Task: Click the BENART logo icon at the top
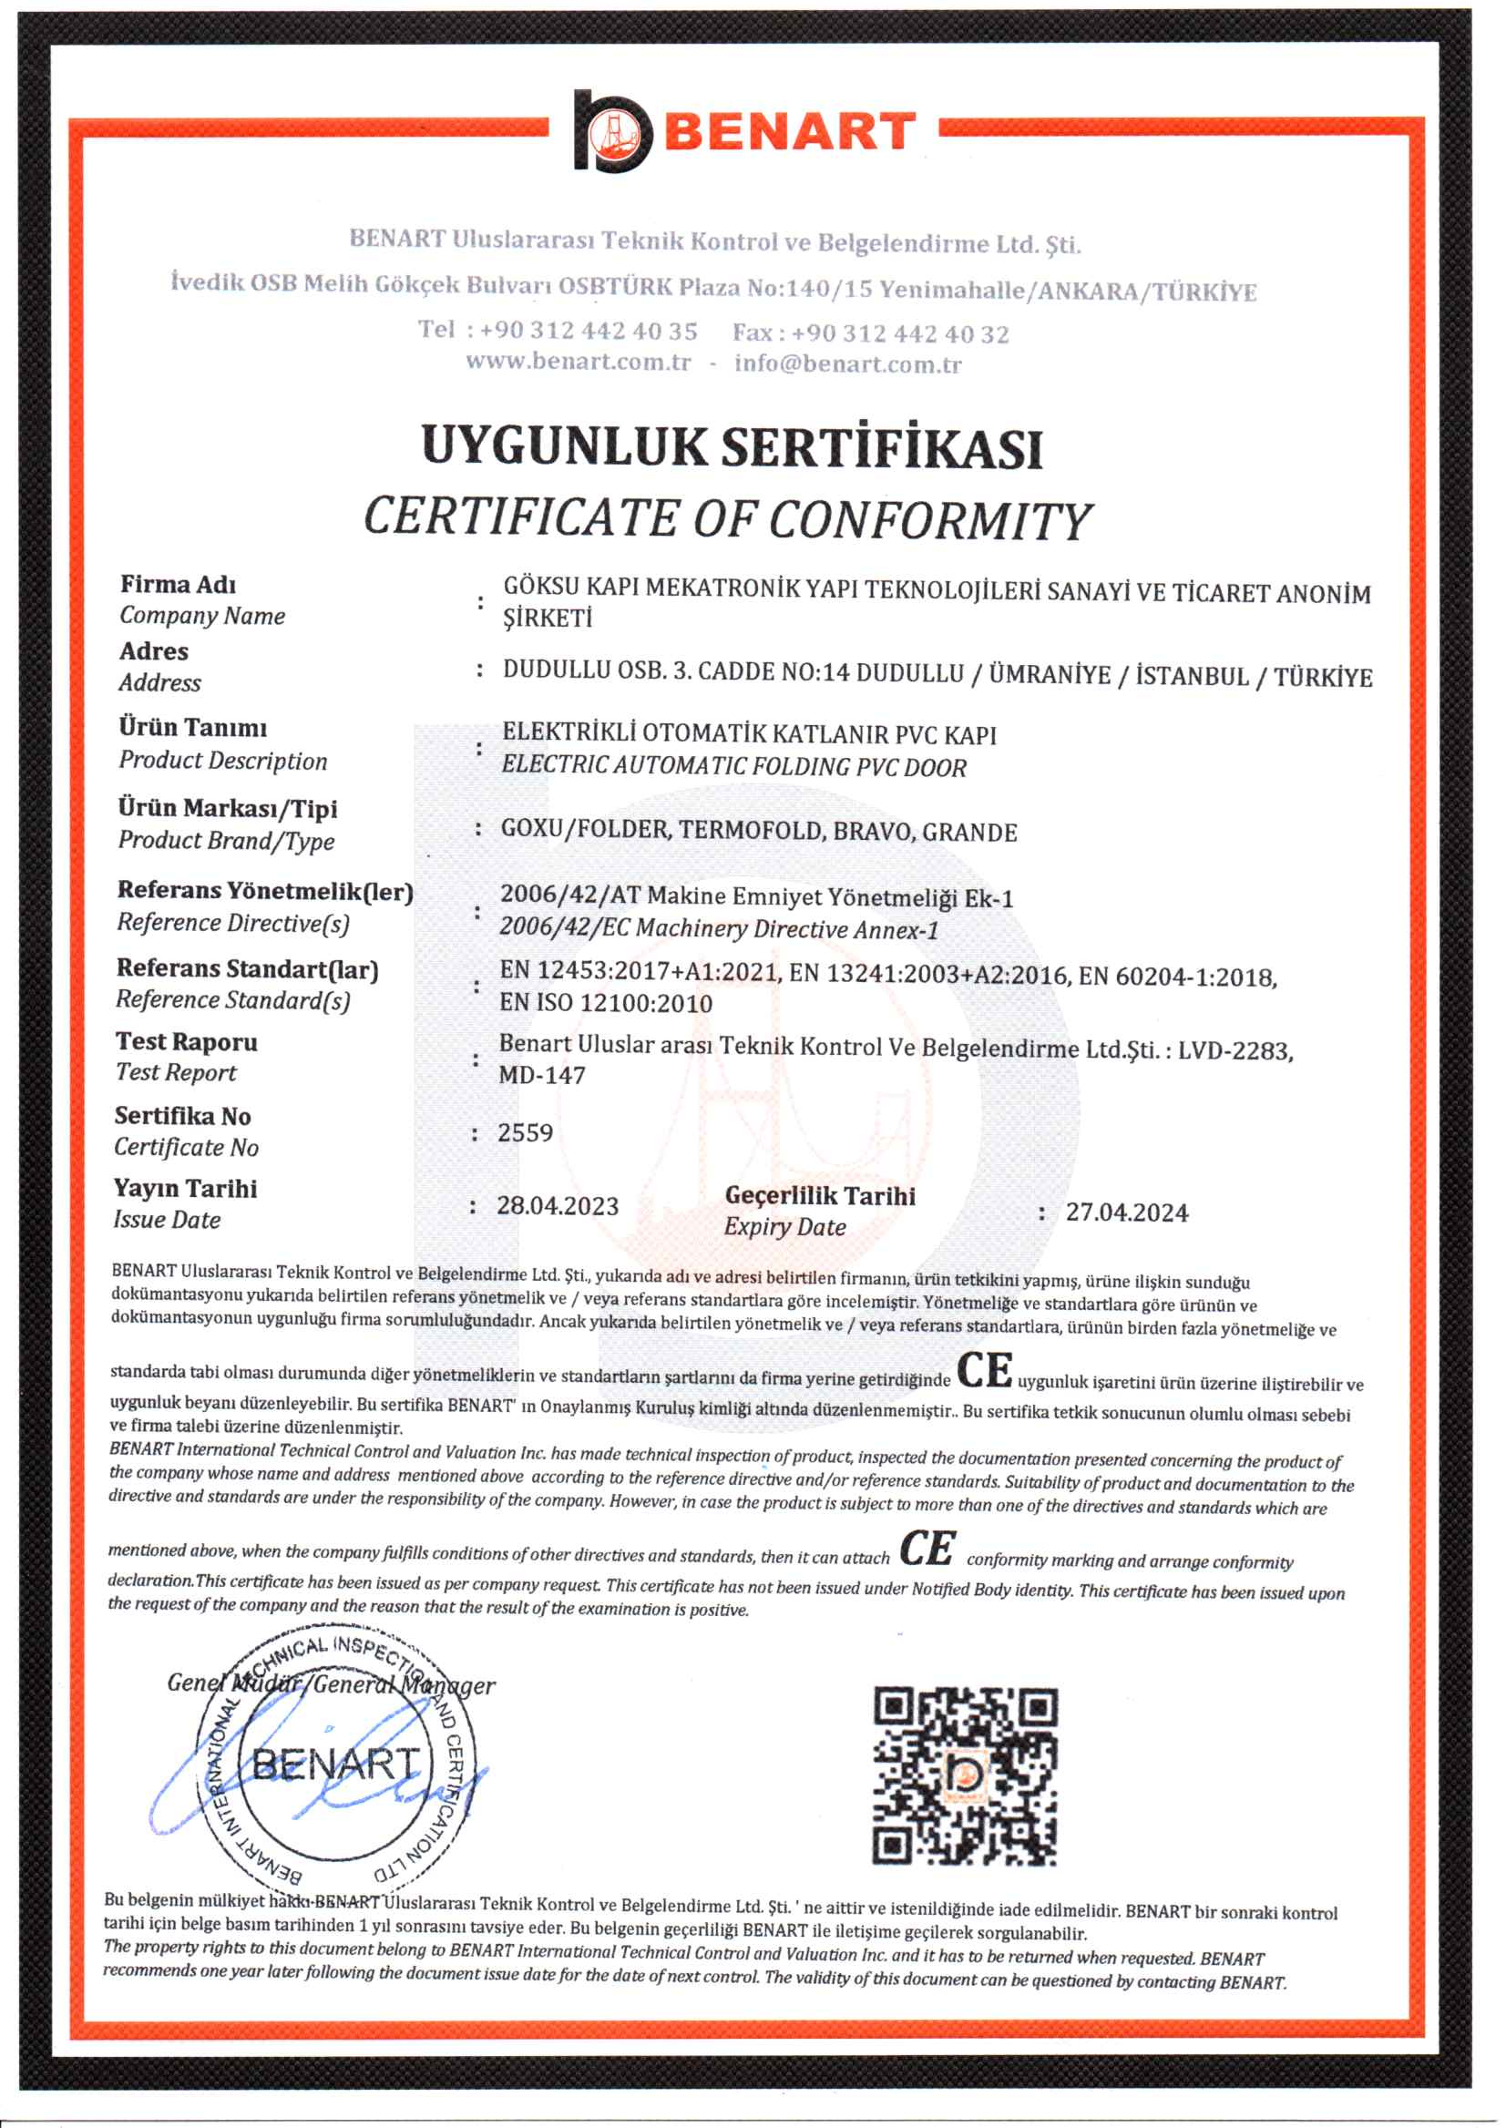611,132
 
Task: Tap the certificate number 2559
525,1132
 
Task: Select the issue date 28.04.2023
558,1205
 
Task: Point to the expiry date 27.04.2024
1126,1212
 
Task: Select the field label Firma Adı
178,584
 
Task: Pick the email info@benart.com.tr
847,363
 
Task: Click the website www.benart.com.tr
578,361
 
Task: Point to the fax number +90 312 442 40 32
899,332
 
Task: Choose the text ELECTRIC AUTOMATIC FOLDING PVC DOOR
733,766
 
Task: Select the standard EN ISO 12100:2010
606,1002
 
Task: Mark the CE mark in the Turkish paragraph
984,1370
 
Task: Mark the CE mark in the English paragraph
927,1547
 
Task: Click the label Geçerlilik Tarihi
820,1195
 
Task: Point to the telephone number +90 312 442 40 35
588,330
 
